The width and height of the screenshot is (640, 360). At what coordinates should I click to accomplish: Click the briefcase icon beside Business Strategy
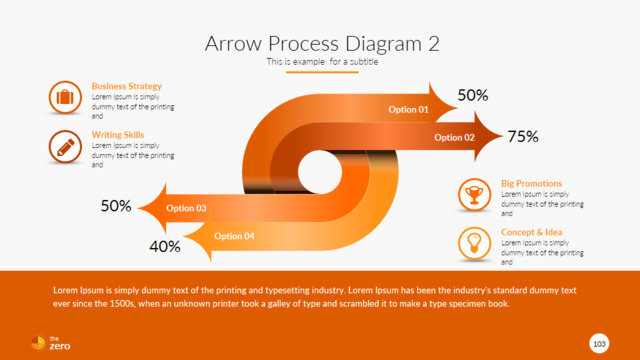click(65, 98)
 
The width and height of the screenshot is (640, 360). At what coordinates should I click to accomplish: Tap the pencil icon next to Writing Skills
click(65, 147)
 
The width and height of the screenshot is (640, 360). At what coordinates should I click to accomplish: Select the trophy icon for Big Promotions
click(474, 195)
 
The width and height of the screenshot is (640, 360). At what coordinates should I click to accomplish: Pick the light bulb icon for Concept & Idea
click(474, 244)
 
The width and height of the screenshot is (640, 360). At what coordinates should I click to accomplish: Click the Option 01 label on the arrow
click(408, 109)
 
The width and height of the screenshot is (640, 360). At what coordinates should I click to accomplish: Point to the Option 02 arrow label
click(454, 138)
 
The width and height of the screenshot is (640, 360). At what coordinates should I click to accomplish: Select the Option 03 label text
click(186, 208)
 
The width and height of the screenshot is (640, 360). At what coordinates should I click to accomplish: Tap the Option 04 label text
click(234, 236)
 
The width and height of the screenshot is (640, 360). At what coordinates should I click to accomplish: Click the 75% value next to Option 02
click(523, 136)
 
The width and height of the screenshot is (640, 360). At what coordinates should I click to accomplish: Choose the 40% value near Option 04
click(165, 247)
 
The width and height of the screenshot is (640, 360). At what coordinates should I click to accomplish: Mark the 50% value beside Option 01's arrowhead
click(473, 95)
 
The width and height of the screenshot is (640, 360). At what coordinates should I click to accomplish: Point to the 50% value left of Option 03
click(116, 206)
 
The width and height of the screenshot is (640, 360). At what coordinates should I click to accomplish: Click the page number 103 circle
click(599, 344)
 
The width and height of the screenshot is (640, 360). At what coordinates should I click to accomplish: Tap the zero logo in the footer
click(51, 343)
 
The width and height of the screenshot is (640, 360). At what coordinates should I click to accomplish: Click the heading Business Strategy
click(127, 86)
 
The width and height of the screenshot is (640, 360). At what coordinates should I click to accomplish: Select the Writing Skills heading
click(118, 135)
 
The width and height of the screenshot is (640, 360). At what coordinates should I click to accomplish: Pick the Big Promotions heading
click(531, 183)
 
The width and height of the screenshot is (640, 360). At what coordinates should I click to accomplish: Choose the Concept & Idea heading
click(531, 232)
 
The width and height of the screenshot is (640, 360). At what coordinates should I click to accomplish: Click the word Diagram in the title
click(383, 44)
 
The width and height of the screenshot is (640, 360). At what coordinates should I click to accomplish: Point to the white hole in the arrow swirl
click(320, 172)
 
